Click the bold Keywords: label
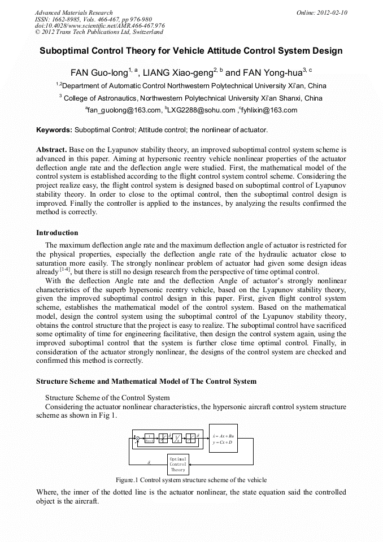54,130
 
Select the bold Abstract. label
51,150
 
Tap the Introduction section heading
57,233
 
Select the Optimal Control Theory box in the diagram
178,464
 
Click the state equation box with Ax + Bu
223,438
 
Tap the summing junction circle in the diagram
137,438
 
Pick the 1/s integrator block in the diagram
176,438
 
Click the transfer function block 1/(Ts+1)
149,438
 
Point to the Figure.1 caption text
191,480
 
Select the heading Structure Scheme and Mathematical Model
146,381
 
